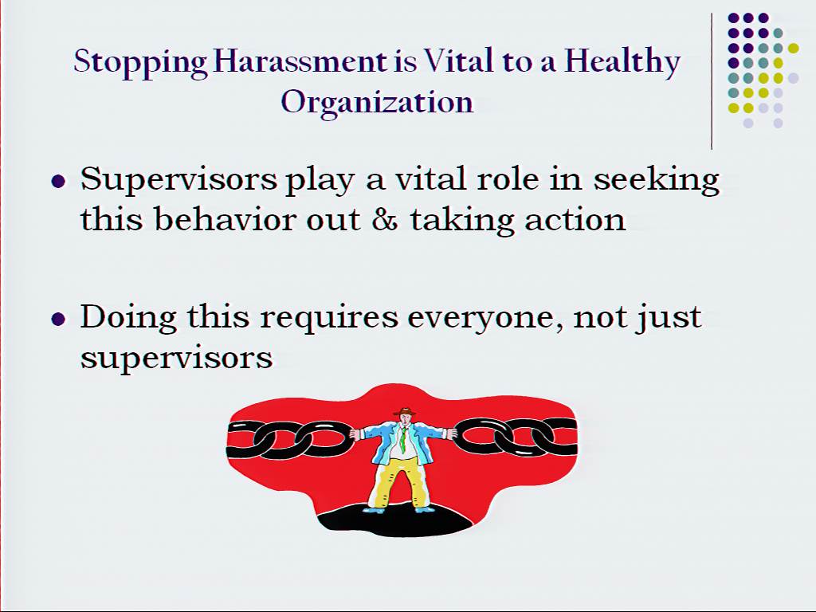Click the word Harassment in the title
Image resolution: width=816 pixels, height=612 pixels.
click(300, 61)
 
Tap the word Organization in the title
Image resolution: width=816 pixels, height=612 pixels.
click(377, 102)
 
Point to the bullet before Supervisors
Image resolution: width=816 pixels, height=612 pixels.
click(58, 181)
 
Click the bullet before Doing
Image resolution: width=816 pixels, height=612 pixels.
click(58, 319)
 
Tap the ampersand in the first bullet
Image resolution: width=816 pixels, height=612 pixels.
click(385, 220)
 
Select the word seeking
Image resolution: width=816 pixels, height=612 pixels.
click(657, 180)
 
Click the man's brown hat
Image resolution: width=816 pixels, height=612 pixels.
click(404, 412)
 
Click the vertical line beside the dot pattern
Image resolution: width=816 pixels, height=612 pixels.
click(712, 81)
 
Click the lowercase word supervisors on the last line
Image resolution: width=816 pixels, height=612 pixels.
click(176, 359)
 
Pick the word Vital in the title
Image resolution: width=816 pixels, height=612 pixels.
click(458, 61)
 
